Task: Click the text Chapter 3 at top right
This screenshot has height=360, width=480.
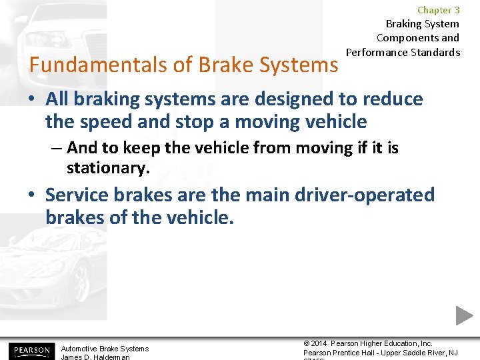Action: coord(438,10)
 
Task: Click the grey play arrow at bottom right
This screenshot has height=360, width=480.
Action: coord(464,315)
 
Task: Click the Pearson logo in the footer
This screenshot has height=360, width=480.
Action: coord(31,350)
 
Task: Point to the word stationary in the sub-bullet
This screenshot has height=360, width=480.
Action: coord(107,169)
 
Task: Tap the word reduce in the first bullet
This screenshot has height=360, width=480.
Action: coord(393,99)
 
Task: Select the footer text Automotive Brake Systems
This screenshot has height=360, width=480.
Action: coord(105,349)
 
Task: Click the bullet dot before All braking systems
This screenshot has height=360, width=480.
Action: coord(32,100)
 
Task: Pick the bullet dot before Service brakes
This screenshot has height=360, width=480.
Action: coord(32,196)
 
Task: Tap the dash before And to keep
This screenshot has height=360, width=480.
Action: coord(57,147)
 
